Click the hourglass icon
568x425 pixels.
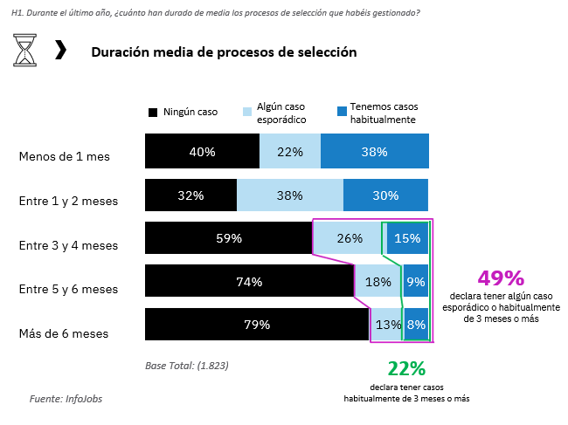(25, 51)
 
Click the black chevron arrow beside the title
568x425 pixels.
(60, 50)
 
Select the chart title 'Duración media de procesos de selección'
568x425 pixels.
(224, 51)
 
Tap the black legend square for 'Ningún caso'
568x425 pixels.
(153, 112)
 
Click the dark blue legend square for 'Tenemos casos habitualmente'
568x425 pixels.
(341, 112)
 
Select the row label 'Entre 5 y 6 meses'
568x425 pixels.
(68, 289)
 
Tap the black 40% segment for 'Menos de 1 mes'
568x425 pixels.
(202, 152)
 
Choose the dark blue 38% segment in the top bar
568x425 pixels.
(375, 152)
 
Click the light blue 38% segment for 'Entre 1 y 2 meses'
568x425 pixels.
(289, 195)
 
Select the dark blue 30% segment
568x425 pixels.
(385, 195)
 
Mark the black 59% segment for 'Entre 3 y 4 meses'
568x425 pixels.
(229, 238)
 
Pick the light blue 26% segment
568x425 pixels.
(349, 238)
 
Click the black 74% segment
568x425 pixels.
(249, 281)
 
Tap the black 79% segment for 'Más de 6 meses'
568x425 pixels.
(257, 325)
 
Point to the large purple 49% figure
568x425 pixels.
(501, 278)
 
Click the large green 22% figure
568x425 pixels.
(406, 369)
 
